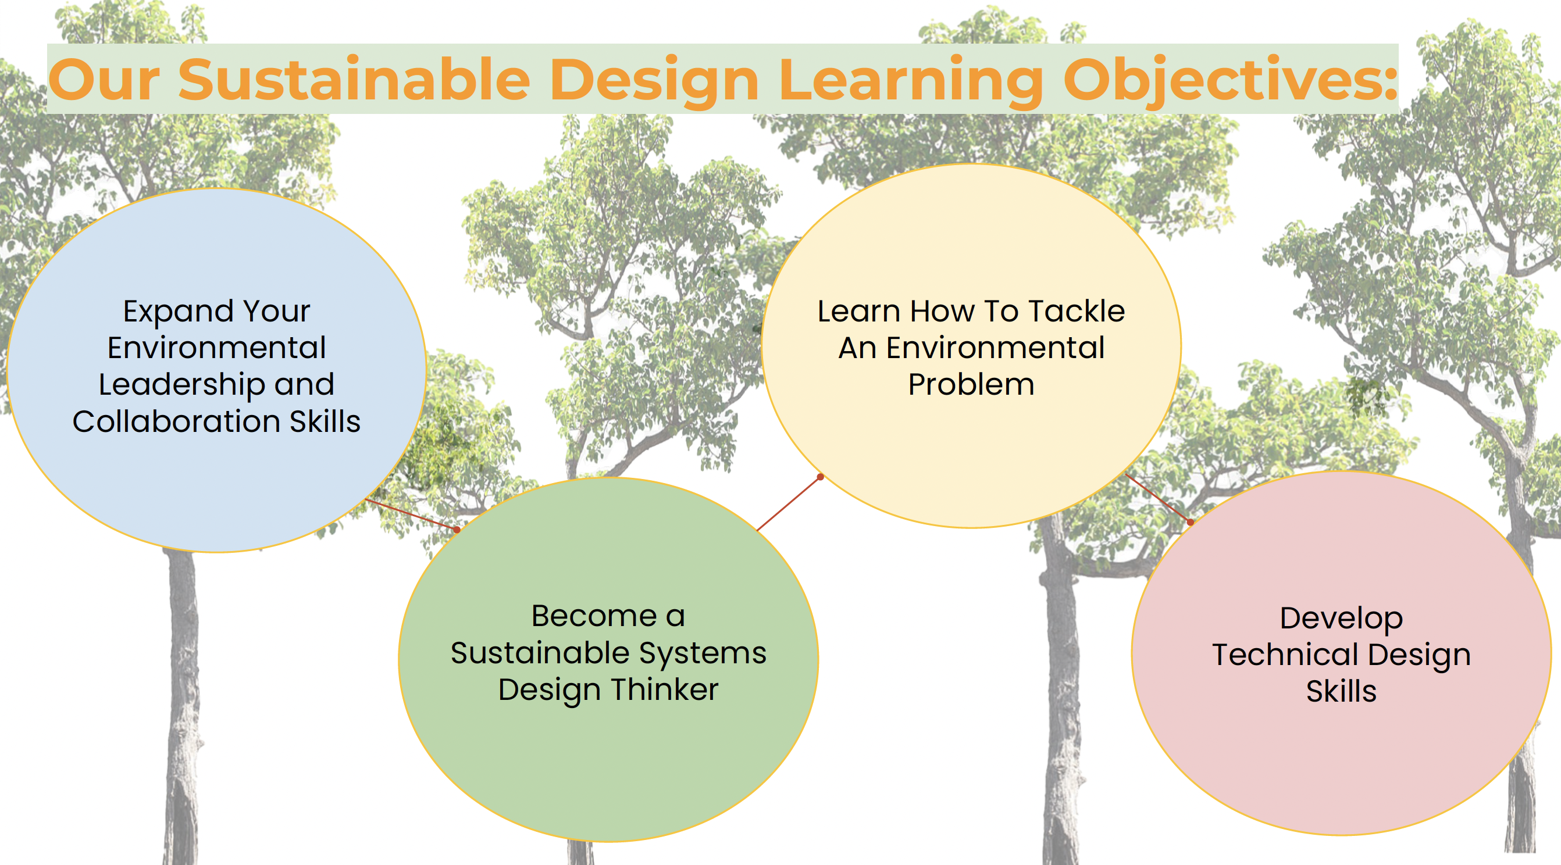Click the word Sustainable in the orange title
pos(355,80)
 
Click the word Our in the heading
pos(104,80)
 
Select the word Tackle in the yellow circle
pos(1077,312)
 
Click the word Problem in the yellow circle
pos(971,385)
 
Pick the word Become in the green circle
pos(594,616)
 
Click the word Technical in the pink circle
pos(1285,655)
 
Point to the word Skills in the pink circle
pos(1341,691)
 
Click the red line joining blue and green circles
pos(411,514)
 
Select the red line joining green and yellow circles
pos(789,503)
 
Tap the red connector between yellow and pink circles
pos(1157,498)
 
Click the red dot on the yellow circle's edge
pos(821,477)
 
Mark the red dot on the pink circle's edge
pos(1190,522)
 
